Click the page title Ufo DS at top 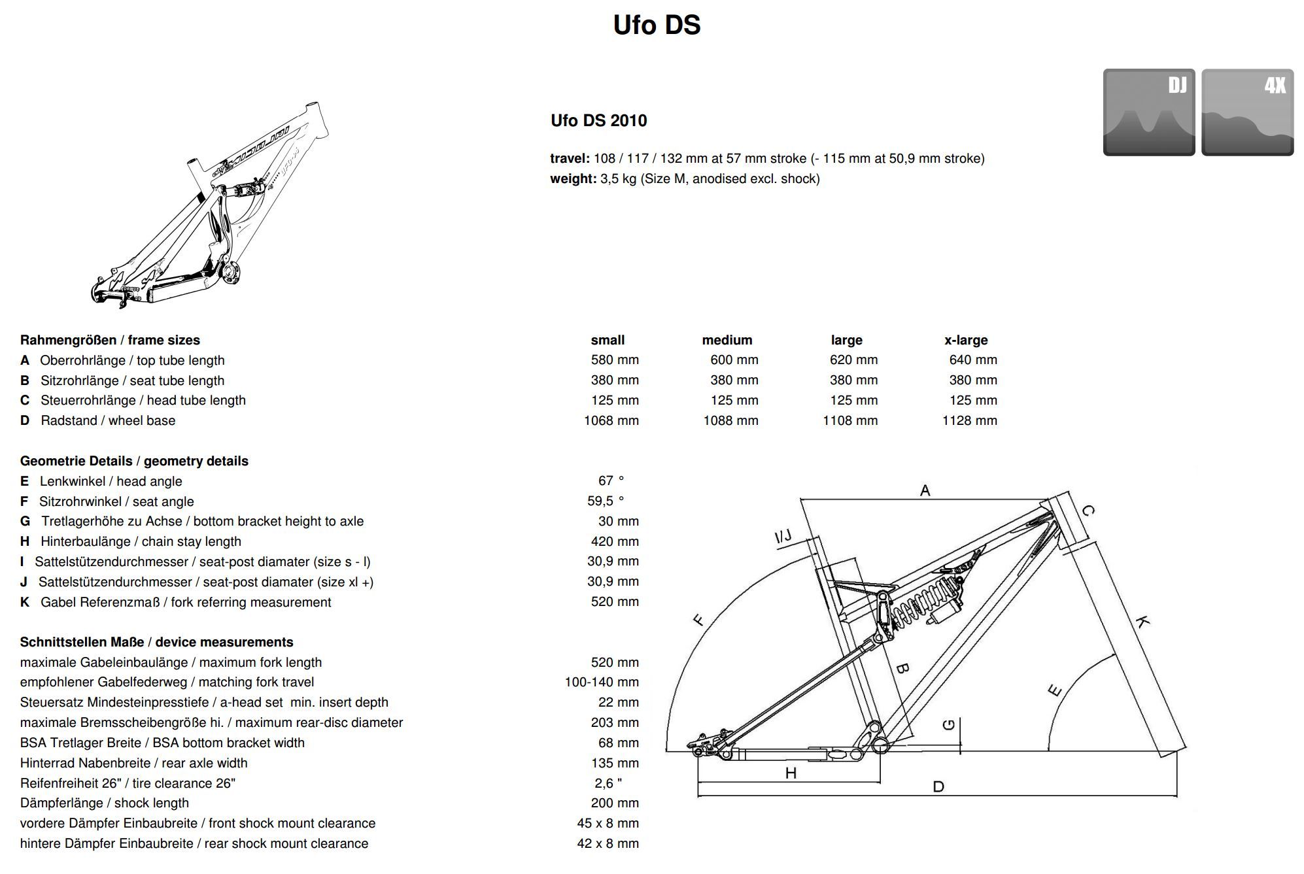click(657, 25)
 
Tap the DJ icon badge click(1149, 112)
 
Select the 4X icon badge click(1247, 112)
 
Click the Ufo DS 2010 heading click(598, 120)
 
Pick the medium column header click(727, 340)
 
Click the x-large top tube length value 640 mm click(973, 360)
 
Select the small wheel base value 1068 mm click(611, 420)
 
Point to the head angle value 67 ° click(611, 480)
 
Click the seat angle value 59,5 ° click(606, 501)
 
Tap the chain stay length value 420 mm click(615, 541)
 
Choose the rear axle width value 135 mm click(615, 763)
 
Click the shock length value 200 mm click(615, 803)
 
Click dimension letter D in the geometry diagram click(938, 786)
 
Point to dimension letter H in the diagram click(791, 773)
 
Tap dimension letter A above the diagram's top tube click(925, 490)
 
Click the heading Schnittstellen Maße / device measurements click(157, 642)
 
